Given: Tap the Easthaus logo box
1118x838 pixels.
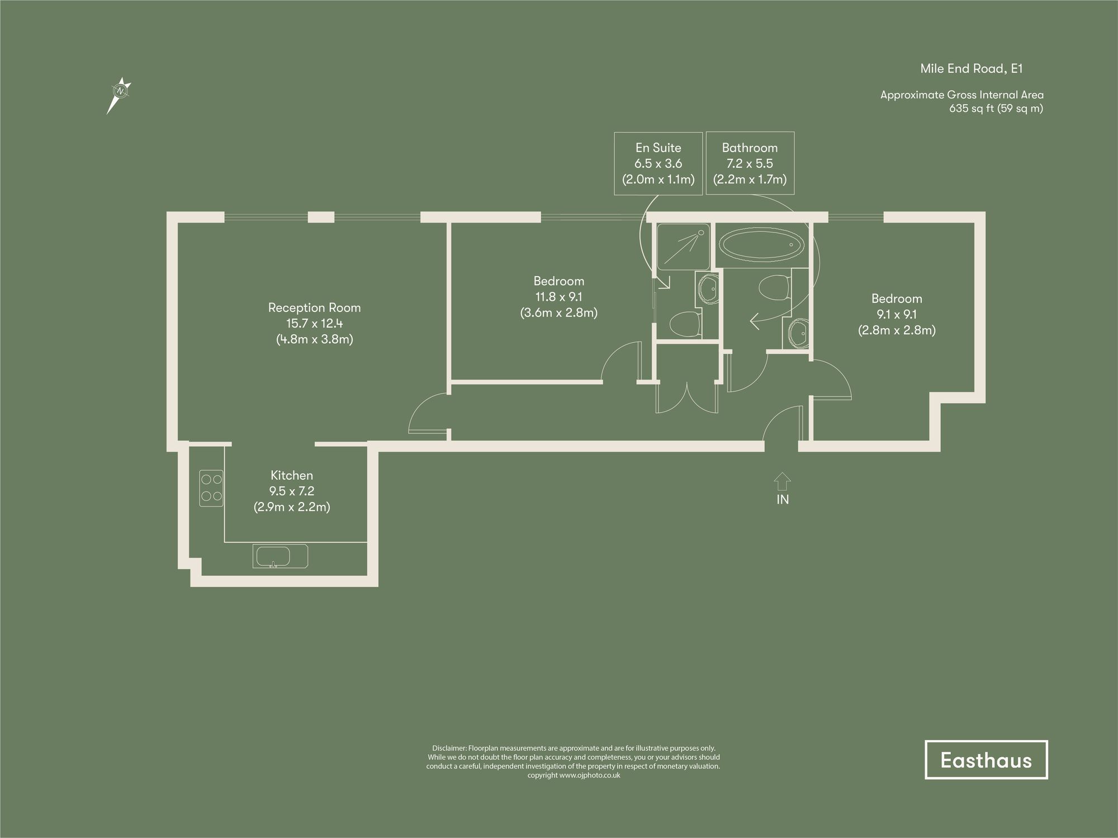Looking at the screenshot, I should pyautogui.click(x=986, y=760).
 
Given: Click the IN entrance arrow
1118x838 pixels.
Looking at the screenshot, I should pyautogui.click(x=782, y=482).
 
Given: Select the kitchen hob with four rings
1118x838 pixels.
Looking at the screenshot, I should pyautogui.click(x=211, y=487).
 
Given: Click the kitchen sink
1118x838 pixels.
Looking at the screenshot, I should pyautogui.click(x=273, y=557).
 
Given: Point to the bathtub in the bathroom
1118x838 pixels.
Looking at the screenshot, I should pyautogui.click(x=761, y=246).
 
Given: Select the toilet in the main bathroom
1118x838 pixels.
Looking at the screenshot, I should pyautogui.click(x=774, y=287).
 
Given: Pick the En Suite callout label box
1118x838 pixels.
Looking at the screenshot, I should pyautogui.click(x=658, y=163).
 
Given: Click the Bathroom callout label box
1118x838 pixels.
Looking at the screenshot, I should pyautogui.click(x=750, y=163).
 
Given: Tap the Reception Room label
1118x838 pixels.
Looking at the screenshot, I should pyautogui.click(x=314, y=307).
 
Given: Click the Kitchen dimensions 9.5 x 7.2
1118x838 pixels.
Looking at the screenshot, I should pyautogui.click(x=291, y=491).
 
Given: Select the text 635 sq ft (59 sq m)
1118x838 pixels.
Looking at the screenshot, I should pyautogui.click(x=996, y=108).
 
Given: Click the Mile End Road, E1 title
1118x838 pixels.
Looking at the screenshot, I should pyautogui.click(x=971, y=69).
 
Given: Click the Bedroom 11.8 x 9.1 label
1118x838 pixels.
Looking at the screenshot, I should pyautogui.click(x=558, y=297).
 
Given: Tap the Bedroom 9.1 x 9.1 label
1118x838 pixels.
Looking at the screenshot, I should pyautogui.click(x=896, y=314).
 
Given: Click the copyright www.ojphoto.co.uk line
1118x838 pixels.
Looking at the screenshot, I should pyautogui.click(x=574, y=775).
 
